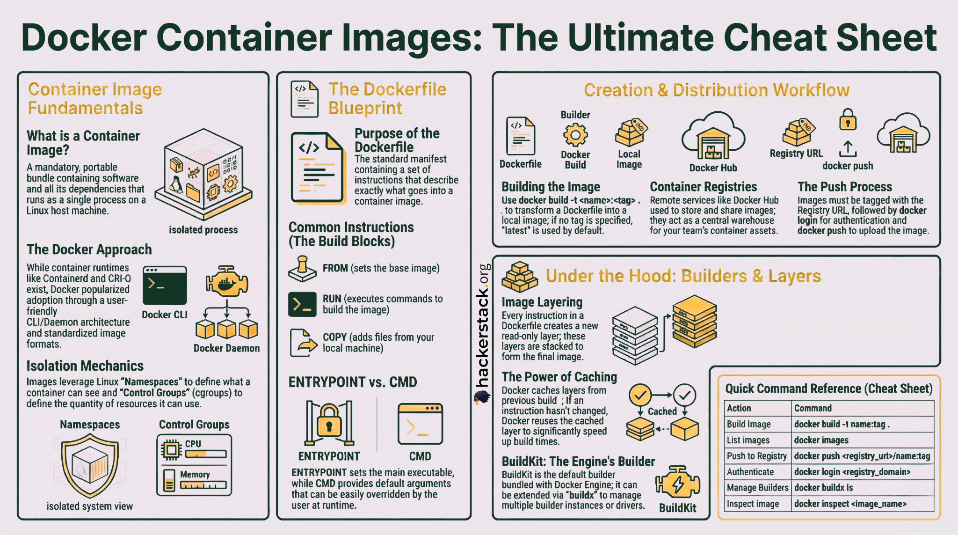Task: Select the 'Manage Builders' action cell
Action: pos(757,488)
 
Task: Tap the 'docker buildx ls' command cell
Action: pos(823,488)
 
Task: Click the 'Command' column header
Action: pos(813,408)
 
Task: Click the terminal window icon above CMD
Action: pos(420,424)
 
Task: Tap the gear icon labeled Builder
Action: pos(575,135)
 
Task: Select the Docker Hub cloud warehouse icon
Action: pos(713,137)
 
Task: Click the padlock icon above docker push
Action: pos(848,119)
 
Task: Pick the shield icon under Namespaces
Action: pos(90,465)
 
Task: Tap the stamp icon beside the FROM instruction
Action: pos(302,269)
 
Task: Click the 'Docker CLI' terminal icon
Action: pos(165,286)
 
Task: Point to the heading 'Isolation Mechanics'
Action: pos(85,366)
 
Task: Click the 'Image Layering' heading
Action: pos(542,302)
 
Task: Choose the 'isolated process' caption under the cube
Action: pos(203,230)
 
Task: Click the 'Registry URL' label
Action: pos(796,154)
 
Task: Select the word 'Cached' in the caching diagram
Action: pos(662,411)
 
